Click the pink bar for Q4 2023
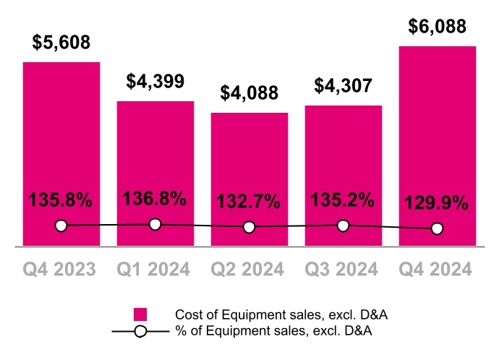pos(61,145)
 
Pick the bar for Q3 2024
pos(343,166)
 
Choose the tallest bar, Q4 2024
pos(437,137)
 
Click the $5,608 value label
pos(61,43)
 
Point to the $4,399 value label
pos(155,82)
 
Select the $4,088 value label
pos(249,94)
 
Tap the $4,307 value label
pos(343,86)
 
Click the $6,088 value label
pos(437,27)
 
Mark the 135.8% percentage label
pos(61,200)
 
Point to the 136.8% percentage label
pos(155,198)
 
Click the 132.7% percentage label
pos(249,202)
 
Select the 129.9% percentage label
pos(437,203)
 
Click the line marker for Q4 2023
pos(61,226)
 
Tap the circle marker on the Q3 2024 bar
pos(343,226)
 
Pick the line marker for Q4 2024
pos(437,228)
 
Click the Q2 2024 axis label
pos(249,270)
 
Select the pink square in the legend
pos(140,314)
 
